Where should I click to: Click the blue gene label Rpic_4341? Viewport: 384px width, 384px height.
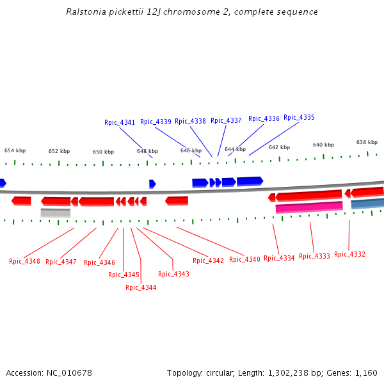(120, 122)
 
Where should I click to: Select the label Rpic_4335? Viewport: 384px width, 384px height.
(299, 118)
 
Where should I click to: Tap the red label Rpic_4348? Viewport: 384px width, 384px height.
(24, 261)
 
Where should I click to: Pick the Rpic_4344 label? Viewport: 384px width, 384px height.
(141, 287)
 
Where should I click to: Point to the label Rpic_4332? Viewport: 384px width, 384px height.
(349, 254)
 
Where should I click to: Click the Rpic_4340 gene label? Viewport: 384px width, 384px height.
(244, 259)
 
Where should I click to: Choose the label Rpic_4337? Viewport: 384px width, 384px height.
(226, 120)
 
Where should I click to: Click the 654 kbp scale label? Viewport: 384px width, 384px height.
(15, 150)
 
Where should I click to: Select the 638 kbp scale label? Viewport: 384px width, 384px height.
(367, 142)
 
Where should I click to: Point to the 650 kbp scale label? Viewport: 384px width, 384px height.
(103, 152)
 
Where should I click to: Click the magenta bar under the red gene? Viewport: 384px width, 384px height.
(308, 207)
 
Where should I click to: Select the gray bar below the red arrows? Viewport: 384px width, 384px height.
(55, 212)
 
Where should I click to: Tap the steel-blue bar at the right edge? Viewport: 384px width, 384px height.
(367, 204)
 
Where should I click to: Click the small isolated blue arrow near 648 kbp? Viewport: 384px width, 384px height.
(152, 184)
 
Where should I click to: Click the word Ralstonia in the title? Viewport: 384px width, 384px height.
(86, 12)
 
